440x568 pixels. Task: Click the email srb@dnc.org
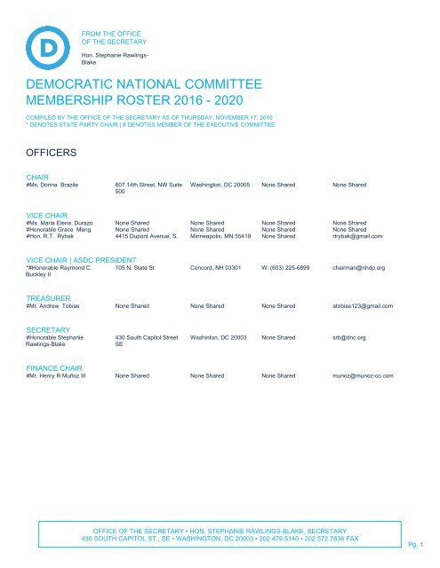click(x=349, y=338)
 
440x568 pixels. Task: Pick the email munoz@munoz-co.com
click(x=364, y=376)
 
